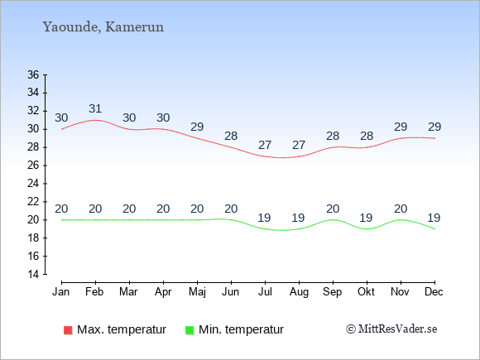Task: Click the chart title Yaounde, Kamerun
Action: tap(103, 27)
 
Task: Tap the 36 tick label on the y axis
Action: tap(33, 74)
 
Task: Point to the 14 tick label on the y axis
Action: tap(33, 274)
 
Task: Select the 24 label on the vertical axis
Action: tap(33, 184)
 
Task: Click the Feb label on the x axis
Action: tap(94, 292)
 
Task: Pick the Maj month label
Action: tap(197, 292)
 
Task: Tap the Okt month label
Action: tap(366, 292)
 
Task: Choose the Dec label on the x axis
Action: tap(434, 292)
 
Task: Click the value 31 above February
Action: tap(95, 108)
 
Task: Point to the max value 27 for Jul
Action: tap(265, 145)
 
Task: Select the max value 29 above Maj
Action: tap(197, 127)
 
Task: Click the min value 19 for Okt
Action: tap(366, 218)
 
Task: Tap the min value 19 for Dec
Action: tap(434, 218)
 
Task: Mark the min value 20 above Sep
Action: tap(333, 209)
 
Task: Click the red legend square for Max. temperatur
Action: tap(68, 330)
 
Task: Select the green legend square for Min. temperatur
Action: tap(190, 330)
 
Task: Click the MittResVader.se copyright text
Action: tap(391, 329)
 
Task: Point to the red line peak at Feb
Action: tap(95, 120)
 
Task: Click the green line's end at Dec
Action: tap(434, 229)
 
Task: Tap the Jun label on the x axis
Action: tap(231, 292)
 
